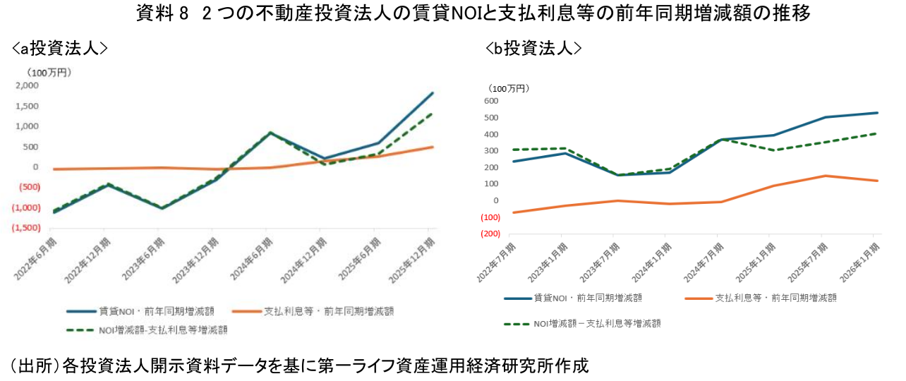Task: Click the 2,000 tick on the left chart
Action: [x=27, y=85]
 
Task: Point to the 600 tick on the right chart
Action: [x=491, y=101]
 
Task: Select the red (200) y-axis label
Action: [x=490, y=234]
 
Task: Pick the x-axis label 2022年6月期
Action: [x=35, y=259]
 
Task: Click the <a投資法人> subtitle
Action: [x=60, y=48]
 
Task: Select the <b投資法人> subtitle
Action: [x=533, y=48]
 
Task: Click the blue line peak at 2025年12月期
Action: [x=433, y=93]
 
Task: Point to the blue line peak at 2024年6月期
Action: [x=270, y=133]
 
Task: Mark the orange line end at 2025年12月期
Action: [x=433, y=147]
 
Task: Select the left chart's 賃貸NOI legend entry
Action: [x=140, y=311]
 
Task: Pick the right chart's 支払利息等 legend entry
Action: [x=761, y=298]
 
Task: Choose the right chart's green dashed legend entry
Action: [x=582, y=324]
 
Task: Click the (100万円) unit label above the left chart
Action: [x=49, y=73]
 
